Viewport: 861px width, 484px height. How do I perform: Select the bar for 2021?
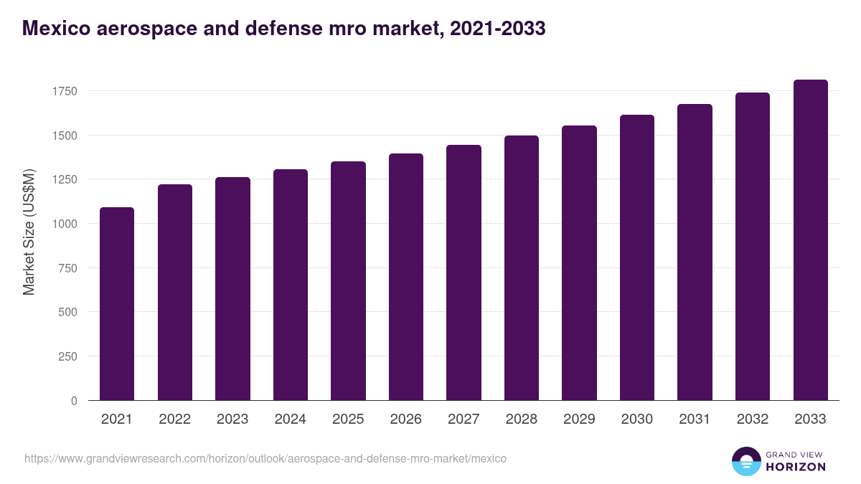pos(117,304)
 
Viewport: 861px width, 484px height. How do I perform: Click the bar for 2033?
pos(810,240)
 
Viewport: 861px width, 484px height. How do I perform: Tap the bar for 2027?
pos(464,272)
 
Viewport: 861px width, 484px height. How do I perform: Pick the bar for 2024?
pos(291,285)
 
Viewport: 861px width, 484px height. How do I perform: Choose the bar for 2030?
pos(637,257)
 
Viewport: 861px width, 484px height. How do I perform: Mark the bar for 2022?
pos(175,293)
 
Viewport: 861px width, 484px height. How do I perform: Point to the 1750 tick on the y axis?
pos(64,91)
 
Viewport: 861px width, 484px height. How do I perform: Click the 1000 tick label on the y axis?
pos(64,224)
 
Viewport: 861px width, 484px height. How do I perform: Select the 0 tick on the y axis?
pos(73,401)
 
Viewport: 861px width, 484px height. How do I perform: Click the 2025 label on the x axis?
pos(348,419)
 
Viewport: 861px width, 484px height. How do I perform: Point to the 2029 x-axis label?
pos(579,419)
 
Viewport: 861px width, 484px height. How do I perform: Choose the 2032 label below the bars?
pos(753,419)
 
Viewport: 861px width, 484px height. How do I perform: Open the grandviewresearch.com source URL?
pos(265,458)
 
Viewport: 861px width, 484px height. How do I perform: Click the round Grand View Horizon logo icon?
pos(745,461)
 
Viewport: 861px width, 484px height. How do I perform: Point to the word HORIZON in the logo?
pos(796,467)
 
